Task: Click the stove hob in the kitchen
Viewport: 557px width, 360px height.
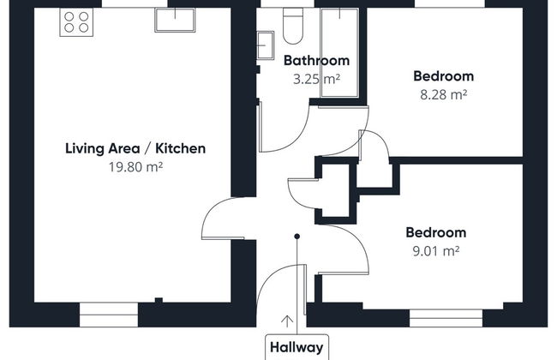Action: (x=76, y=22)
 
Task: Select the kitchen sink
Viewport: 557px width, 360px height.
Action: (x=175, y=20)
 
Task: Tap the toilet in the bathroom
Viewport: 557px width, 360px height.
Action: (x=293, y=26)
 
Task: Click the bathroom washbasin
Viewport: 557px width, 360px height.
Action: (x=266, y=45)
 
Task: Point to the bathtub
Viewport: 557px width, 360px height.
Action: (x=339, y=52)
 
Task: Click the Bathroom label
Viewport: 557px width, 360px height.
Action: (x=316, y=60)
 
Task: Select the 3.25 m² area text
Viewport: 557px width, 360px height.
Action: (x=316, y=79)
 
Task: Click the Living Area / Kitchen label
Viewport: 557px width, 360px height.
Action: (x=135, y=148)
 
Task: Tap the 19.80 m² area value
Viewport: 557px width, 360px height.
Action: (x=135, y=166)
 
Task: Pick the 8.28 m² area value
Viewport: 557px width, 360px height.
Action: (x=443, y=94)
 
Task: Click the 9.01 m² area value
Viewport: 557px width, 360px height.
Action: (x=436, y=251)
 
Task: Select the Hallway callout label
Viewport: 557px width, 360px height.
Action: (x=296, y=347)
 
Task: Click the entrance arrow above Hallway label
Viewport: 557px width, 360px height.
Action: (x=287, y=321)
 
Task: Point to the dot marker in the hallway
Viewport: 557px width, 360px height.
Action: (x=297, y=237)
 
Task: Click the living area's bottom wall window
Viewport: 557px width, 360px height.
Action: (x=109, y=315)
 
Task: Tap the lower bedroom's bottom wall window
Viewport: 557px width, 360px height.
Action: (x=446, y=318)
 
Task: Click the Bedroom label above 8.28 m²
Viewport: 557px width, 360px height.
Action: (x=443, y=76)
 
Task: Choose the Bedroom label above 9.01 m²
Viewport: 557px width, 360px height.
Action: (x=436, y=232)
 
